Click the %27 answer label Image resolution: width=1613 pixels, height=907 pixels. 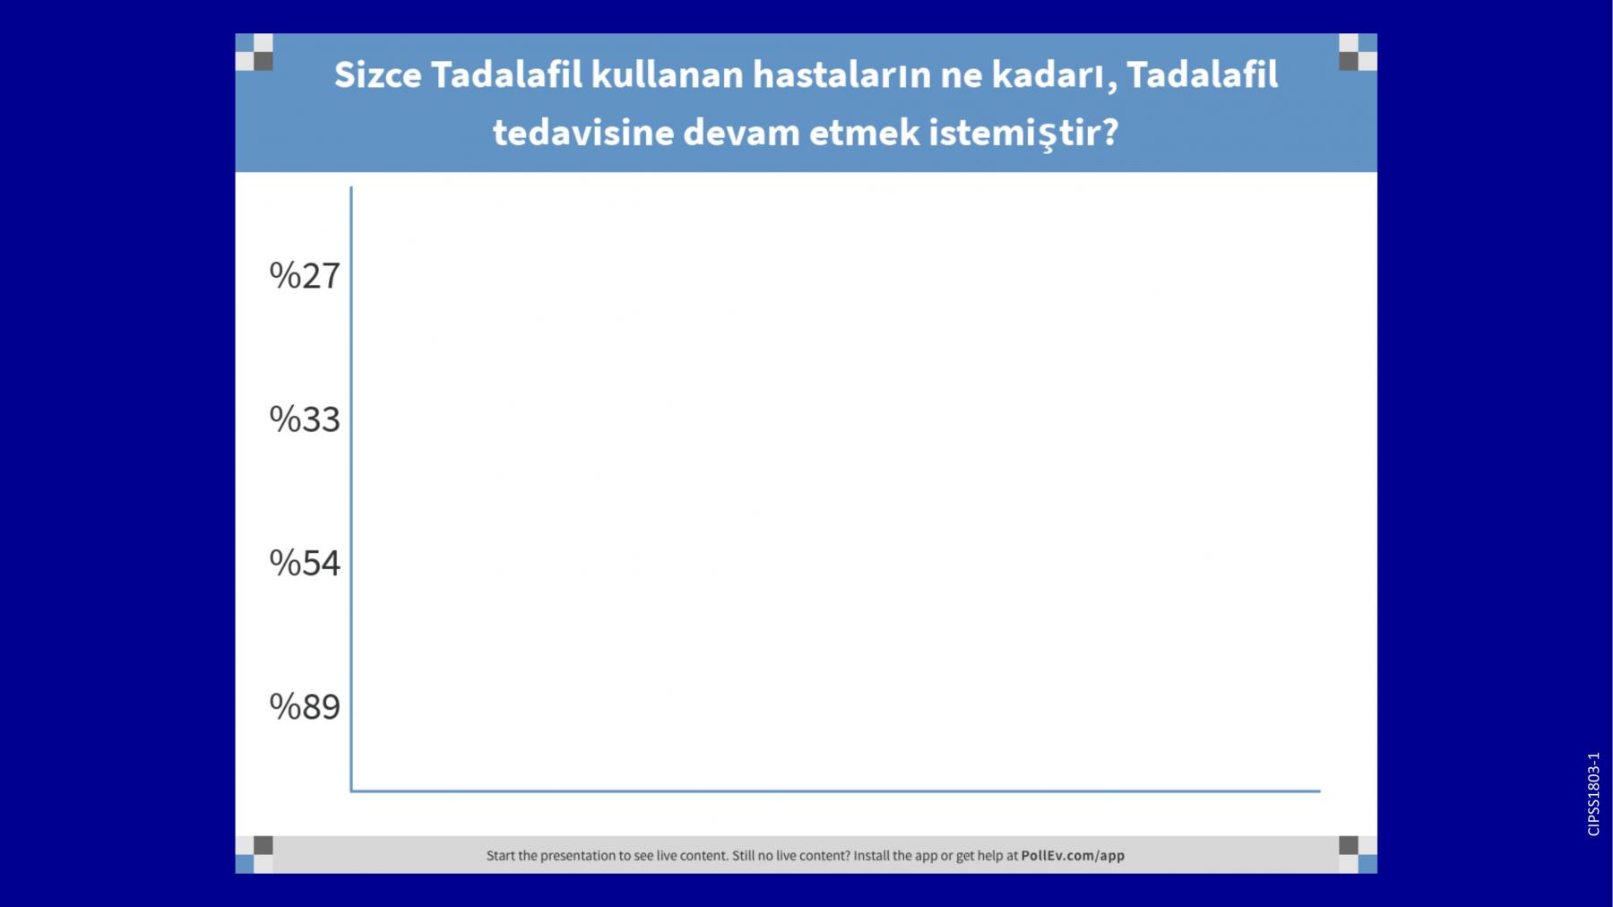click(305, 276)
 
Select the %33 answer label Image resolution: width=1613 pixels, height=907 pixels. click(305, 419)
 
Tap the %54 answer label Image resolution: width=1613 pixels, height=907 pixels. click(305, 563)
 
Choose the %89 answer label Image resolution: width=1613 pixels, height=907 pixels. click(305, 707)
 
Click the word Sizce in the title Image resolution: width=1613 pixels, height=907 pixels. click(377, 75)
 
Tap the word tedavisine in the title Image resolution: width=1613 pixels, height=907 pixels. click(583, 133)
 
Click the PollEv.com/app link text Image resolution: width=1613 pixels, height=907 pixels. click(1073, 856)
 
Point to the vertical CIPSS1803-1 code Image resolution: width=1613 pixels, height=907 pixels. click(1593, 794)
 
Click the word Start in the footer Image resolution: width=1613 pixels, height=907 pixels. click(500, 856)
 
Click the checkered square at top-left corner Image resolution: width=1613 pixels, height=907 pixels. click(254, 52)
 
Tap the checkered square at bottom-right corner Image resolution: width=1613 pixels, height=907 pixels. click(1358, 854)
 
